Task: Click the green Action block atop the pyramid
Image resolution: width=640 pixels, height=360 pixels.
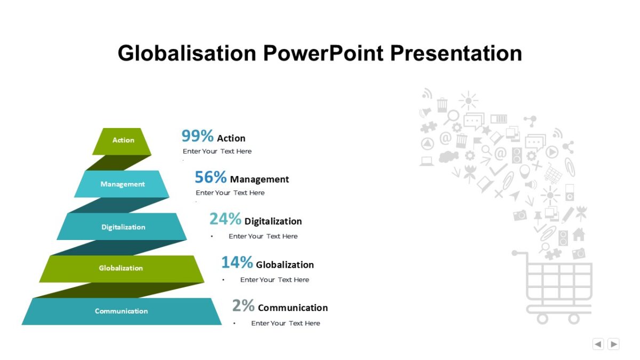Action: pyautogui.click(x=123, y=141)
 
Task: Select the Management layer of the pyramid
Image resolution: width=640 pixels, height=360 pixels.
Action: pyautogui.click(x=122, y=184)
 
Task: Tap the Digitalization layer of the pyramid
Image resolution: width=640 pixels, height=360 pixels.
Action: pyautogui.click(x=123, y=227)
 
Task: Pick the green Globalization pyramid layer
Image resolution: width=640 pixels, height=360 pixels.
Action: pyautogui.click(x=121, y=268)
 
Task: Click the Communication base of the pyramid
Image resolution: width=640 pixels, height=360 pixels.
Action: pyautogui.click(x=121, y=311)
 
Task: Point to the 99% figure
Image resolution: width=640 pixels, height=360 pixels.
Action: pyautogui.click(x=197, y=136)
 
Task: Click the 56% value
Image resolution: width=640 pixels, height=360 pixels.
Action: pyautogui.click(x=210, y=177)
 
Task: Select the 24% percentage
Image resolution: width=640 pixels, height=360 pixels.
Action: pyautogui.click(x=225, y=219)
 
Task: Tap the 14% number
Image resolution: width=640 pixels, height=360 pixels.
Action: pyautogui.click(x=237, y=262)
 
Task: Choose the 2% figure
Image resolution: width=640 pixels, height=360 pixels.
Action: pyautogui.click(x=243, y=306)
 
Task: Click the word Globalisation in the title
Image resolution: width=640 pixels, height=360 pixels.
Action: pyautogui.click(x=187, y=53)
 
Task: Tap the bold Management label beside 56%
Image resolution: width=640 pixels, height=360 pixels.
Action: pyautogui.click(x=259, y=179)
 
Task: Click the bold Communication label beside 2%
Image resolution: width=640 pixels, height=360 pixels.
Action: pyautogui.click(x=293, y=308)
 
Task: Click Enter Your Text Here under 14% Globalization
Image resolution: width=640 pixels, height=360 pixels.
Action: pyautogui.click(x=275, y=279)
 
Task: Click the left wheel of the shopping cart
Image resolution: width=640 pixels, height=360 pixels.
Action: pyautogui.click(x=542, y=318)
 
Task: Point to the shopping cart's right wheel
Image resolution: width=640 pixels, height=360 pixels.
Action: pyautogui.click(x=574, y=318)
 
